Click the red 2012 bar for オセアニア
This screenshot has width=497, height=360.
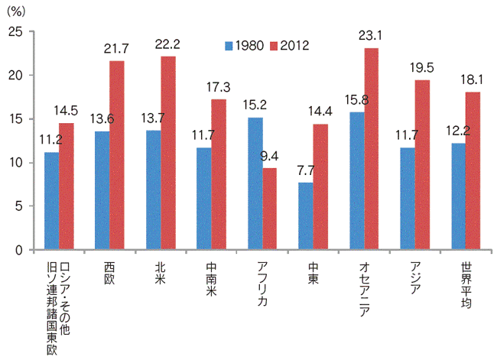[372, 149]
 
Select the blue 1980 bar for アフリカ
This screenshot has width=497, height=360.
[255, 183]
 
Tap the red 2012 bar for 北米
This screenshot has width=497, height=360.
[168, 153]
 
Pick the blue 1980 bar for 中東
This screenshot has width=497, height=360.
[306, 216]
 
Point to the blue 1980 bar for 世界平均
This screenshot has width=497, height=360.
[459, 196]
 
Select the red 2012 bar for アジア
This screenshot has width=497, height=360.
[423, 165]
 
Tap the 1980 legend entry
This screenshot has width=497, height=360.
[245, 45]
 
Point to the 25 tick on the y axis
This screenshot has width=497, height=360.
[17, 31]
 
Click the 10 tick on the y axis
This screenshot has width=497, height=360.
[17, 163]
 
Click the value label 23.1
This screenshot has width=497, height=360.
[372, 34]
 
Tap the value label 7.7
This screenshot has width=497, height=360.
[306, 170]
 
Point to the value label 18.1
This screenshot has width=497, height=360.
[474, 78]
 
